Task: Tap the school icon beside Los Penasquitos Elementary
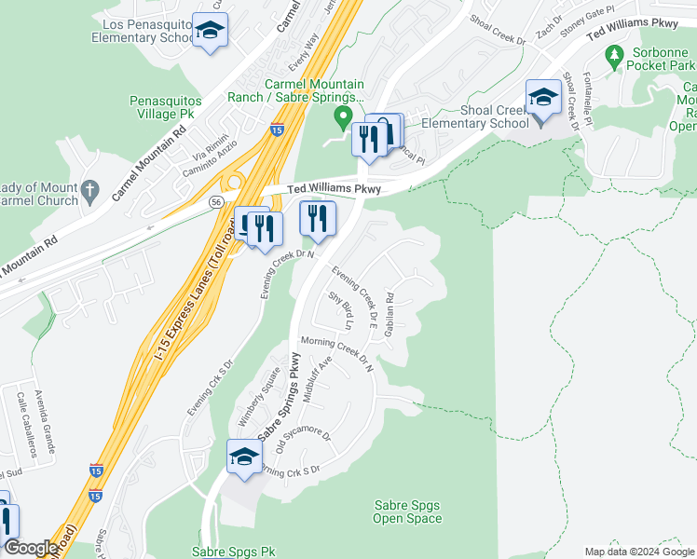(210, 31)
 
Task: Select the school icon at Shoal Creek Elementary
(542, 97)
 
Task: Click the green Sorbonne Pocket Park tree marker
(613, 58)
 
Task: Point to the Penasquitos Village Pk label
(168, 106)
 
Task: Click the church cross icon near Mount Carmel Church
(89, 191)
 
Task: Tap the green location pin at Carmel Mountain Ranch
(343, 116)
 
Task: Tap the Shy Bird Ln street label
(340, 311)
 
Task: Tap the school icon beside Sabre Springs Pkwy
(244, 457)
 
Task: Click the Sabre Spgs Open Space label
(407, 511)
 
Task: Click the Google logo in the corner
(30, 548)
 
